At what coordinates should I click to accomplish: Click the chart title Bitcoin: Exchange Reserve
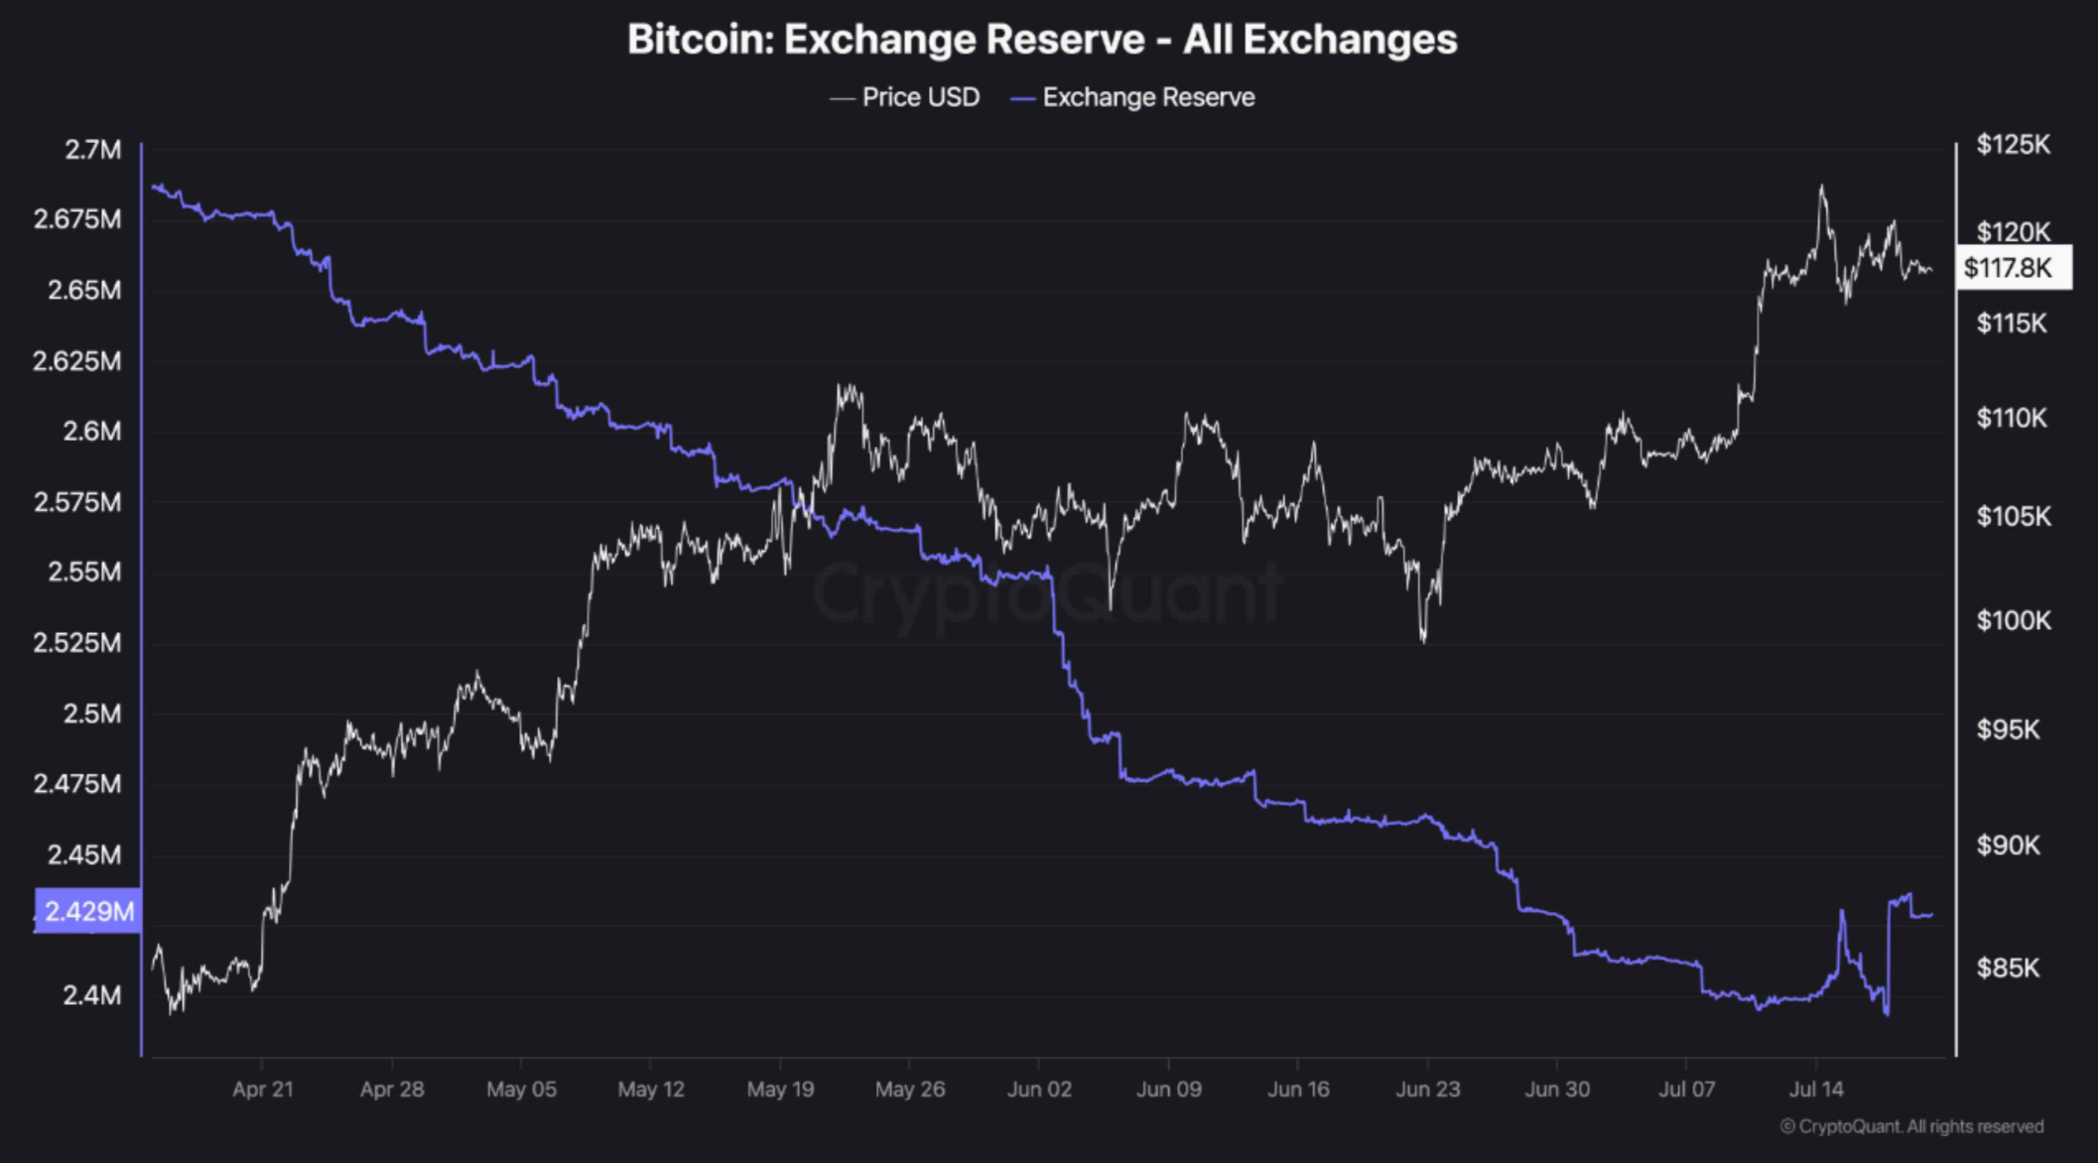[x=1041, y=40]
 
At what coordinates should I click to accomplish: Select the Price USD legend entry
[x=905, y=97]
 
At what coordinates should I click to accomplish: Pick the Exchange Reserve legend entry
[x=1132, y=97]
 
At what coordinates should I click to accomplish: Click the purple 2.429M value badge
[x=88, y=911]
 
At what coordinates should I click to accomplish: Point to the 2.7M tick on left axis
[x=92, y=150]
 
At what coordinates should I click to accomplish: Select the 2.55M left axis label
[x=84, y=573]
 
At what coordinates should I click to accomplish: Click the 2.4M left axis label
[x=91, y=995]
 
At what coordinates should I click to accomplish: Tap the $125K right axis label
[x=2013, y=145]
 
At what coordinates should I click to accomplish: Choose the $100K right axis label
[x=2013, y=621]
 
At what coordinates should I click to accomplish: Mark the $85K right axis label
[x=2008, y=968]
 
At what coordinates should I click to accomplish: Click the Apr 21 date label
[x=262, y=1090]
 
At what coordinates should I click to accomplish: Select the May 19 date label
[x=780, y=1090]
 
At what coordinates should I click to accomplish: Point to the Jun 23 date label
[x=1427, y=1090]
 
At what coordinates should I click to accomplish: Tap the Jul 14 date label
[x=1815, y=1090]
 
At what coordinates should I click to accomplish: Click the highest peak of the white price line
[x=1822, y=187]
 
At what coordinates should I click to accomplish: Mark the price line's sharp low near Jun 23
[x=1423, y=640]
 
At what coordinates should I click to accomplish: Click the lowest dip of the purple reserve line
[x=1886, y=1013]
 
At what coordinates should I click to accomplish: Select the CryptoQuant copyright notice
[x=1910, y=1126]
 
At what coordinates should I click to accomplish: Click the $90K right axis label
[x=2008, y=845]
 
